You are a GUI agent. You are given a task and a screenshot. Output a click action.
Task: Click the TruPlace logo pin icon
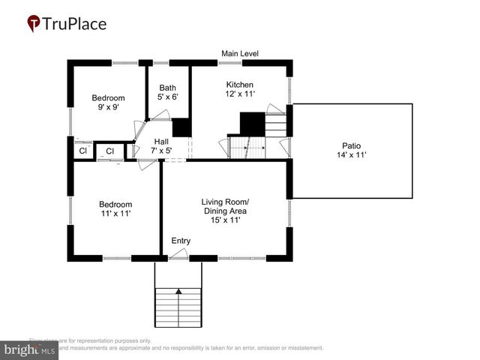click(x=34, y=24)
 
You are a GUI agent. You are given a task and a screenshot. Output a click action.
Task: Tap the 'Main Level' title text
click(x=240, y=53)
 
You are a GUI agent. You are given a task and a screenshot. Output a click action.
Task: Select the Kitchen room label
click(x=240, y=85)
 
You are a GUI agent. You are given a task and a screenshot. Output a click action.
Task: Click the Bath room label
click(x=168, y=88)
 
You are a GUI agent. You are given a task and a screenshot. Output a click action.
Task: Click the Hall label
click(x=161, y=141)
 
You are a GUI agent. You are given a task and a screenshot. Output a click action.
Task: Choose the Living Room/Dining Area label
click(x=225, y=206)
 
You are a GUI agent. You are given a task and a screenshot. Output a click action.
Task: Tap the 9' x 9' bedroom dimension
click(x=108, y=107)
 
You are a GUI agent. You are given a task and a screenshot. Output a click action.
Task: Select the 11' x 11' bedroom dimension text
click(x=115, y=214)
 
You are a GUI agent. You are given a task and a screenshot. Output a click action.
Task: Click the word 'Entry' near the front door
click(x=181, y=241)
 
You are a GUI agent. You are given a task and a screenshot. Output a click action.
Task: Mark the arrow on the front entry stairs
click(x=178, y=291)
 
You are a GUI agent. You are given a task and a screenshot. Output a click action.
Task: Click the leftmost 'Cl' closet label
click(x=83, y=151)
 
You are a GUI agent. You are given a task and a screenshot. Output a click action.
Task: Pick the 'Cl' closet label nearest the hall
click(x=109, y=151)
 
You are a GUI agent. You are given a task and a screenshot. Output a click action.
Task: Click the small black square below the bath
click(x=181, y=127)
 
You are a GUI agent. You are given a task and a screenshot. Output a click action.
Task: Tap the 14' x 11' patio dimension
click(x=352, y=155)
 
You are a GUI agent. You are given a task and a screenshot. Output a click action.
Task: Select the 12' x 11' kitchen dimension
click(x=240, y=95)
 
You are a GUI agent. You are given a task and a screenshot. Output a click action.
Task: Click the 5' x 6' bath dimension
click(x=168, y=97)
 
